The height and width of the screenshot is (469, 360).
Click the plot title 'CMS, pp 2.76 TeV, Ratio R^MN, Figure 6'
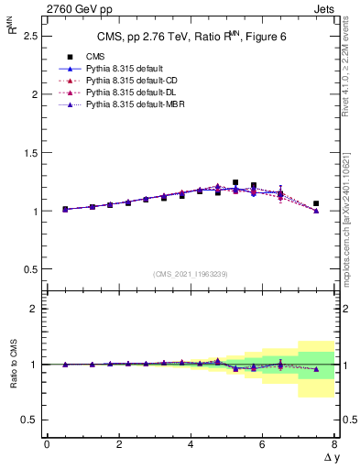(x=190, y=37)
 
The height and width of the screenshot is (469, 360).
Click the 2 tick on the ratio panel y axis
(x=33, y=309)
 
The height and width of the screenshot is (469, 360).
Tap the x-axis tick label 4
(x=191, y=444)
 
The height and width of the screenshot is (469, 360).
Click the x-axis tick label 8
(x=334, y=444)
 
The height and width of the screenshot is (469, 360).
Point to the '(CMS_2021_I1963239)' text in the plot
(x=190, y=274)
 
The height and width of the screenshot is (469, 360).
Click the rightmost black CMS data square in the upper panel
(x=316, y=203)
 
